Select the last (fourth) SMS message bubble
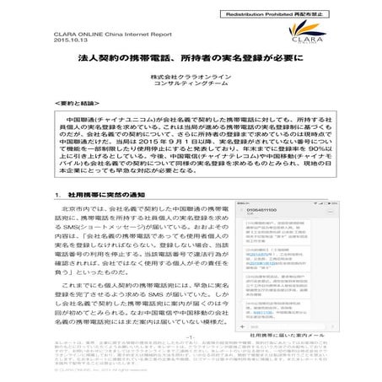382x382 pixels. pyautogui.click(x=279, y=308)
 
